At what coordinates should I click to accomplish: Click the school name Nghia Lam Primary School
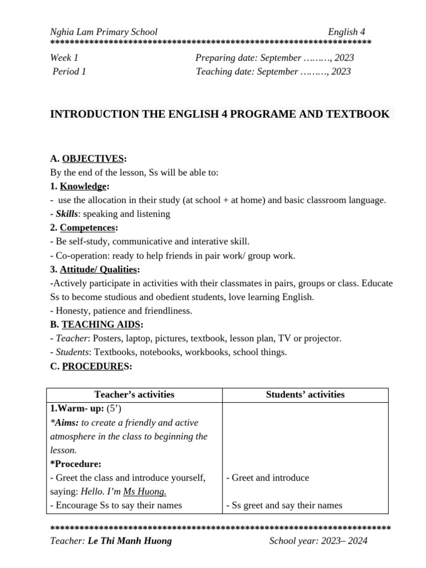(x=104, y=32)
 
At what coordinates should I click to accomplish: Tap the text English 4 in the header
(x=347, y=32)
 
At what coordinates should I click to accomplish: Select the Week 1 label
(x=64, y=58)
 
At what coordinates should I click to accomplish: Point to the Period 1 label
(x=69, y=71)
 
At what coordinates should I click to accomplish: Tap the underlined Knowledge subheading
(x=83, y=186)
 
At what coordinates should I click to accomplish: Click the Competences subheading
(x=88, y=227)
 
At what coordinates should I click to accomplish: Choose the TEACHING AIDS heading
(x=101, y=324)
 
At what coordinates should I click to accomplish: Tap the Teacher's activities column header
(x=134, y=395)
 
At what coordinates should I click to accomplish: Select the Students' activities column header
(x=305, y=395)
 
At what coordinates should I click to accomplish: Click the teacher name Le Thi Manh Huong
(x=130, y=541)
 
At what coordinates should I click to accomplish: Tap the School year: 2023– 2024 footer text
(x=318, y=541)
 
